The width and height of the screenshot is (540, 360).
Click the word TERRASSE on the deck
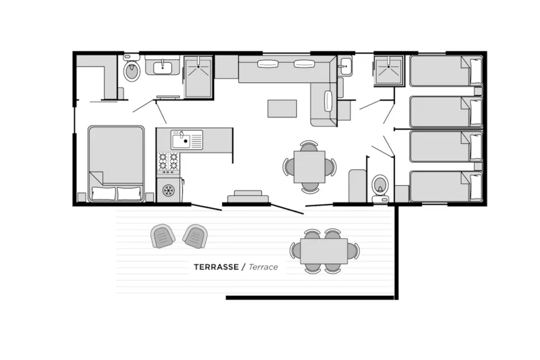point(216,267)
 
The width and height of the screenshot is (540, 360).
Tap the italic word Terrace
point(263,267)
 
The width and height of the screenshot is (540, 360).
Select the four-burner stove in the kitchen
point(168,163)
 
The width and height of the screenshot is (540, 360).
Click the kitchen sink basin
point(181,140)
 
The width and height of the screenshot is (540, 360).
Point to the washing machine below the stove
point(169,190)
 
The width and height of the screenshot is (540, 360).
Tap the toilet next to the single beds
point(380,188)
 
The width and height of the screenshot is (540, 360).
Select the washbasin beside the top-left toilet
point(163,66)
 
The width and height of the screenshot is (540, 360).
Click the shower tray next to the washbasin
point(198,77)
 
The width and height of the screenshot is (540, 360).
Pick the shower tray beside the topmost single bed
point(389,70)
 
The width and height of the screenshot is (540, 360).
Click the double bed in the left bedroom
point(116,163)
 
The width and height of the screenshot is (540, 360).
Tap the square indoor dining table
point(309,167)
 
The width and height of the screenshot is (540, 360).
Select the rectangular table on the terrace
point(324,251)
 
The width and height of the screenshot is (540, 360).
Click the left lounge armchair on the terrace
point(163,236)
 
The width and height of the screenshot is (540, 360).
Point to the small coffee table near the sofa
point(282,109)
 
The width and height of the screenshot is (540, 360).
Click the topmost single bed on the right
point(446,71)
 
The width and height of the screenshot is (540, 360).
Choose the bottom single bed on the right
point(446,186)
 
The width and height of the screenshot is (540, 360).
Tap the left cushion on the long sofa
point(267,64)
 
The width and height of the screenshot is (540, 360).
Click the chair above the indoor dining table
point(309,146)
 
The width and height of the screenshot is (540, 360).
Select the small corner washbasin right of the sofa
point(345,66)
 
